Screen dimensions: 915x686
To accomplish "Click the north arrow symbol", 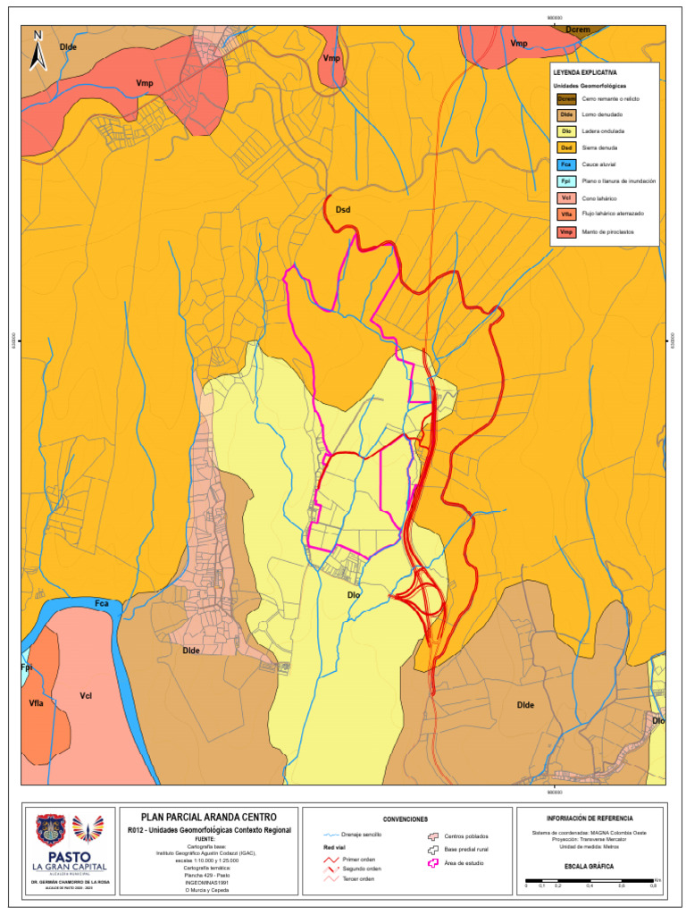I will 38,51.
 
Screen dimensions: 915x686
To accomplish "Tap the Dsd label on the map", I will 342,209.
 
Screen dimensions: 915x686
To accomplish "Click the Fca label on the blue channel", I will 102,604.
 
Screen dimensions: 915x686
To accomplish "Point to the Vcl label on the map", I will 86,695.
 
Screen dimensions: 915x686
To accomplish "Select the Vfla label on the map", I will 37,704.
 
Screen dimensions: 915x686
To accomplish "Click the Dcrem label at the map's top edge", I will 579,29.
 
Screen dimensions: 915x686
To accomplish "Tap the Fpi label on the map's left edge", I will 26,667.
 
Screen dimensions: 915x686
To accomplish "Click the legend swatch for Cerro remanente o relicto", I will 565,98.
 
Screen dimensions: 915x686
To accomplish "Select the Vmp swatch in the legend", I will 565,232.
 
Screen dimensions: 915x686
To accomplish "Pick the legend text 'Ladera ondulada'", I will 603,131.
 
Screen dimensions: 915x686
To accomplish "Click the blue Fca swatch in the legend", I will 565,165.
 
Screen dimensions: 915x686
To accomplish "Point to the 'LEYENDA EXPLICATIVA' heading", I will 584,71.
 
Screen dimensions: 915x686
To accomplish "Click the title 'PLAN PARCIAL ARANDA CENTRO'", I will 209,817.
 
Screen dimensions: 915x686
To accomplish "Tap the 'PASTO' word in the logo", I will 70,855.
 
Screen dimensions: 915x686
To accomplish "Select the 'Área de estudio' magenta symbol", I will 436,863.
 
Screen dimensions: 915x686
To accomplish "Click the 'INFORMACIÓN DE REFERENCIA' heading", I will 589,818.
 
